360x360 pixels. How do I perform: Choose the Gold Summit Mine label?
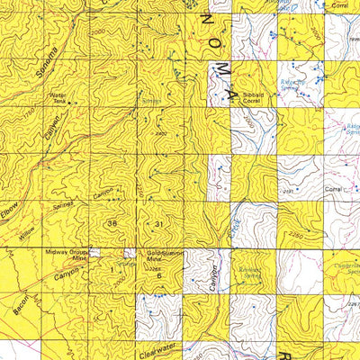[x=166, y=256]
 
